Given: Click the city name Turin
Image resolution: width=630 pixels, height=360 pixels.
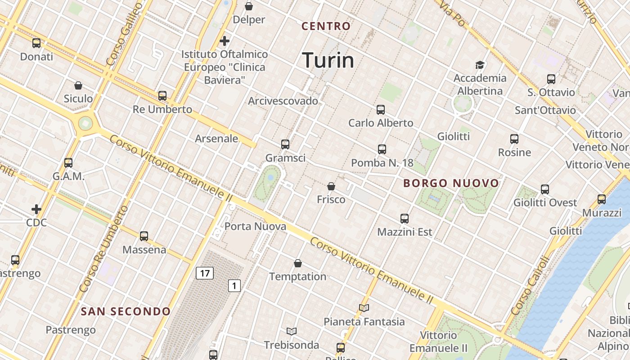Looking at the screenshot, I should click(328, 60).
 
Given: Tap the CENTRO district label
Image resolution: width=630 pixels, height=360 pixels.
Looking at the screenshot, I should click(326, 26).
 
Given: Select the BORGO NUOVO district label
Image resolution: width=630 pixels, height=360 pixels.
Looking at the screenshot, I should click(451, 183).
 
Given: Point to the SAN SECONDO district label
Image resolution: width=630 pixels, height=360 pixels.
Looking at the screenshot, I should click(126, 311).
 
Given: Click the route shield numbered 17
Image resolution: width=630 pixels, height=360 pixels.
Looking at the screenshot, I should click(204, 273).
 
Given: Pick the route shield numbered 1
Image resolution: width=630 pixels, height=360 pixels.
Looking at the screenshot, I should click(234, 285).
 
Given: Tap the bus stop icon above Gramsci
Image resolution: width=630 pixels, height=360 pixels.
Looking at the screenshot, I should click(285, 144).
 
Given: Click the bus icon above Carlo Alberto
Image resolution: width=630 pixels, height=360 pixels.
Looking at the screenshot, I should click(381, 109).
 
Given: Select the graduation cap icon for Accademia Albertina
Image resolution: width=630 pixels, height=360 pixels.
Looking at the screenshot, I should click(480, 65).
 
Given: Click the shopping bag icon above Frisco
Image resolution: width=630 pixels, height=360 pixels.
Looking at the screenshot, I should click(331, 186).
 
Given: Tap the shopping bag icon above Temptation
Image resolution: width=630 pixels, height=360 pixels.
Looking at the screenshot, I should click(297, 263).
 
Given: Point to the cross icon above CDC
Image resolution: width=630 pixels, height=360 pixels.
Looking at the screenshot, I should click(36, 209).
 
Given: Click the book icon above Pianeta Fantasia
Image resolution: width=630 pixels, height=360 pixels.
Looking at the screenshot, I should click(364, 308).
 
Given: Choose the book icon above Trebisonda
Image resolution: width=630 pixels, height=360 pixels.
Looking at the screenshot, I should click(292, 332).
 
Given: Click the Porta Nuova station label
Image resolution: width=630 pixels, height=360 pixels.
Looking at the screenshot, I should click(255, 226).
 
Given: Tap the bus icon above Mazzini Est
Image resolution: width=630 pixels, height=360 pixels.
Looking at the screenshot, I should click(405, 219).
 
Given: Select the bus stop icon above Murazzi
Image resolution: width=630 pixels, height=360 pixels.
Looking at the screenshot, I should click(602, 199).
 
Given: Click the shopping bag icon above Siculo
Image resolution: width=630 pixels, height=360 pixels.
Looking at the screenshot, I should click(78, 85).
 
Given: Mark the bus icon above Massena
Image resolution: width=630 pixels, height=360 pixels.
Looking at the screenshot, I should click(144, 236).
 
